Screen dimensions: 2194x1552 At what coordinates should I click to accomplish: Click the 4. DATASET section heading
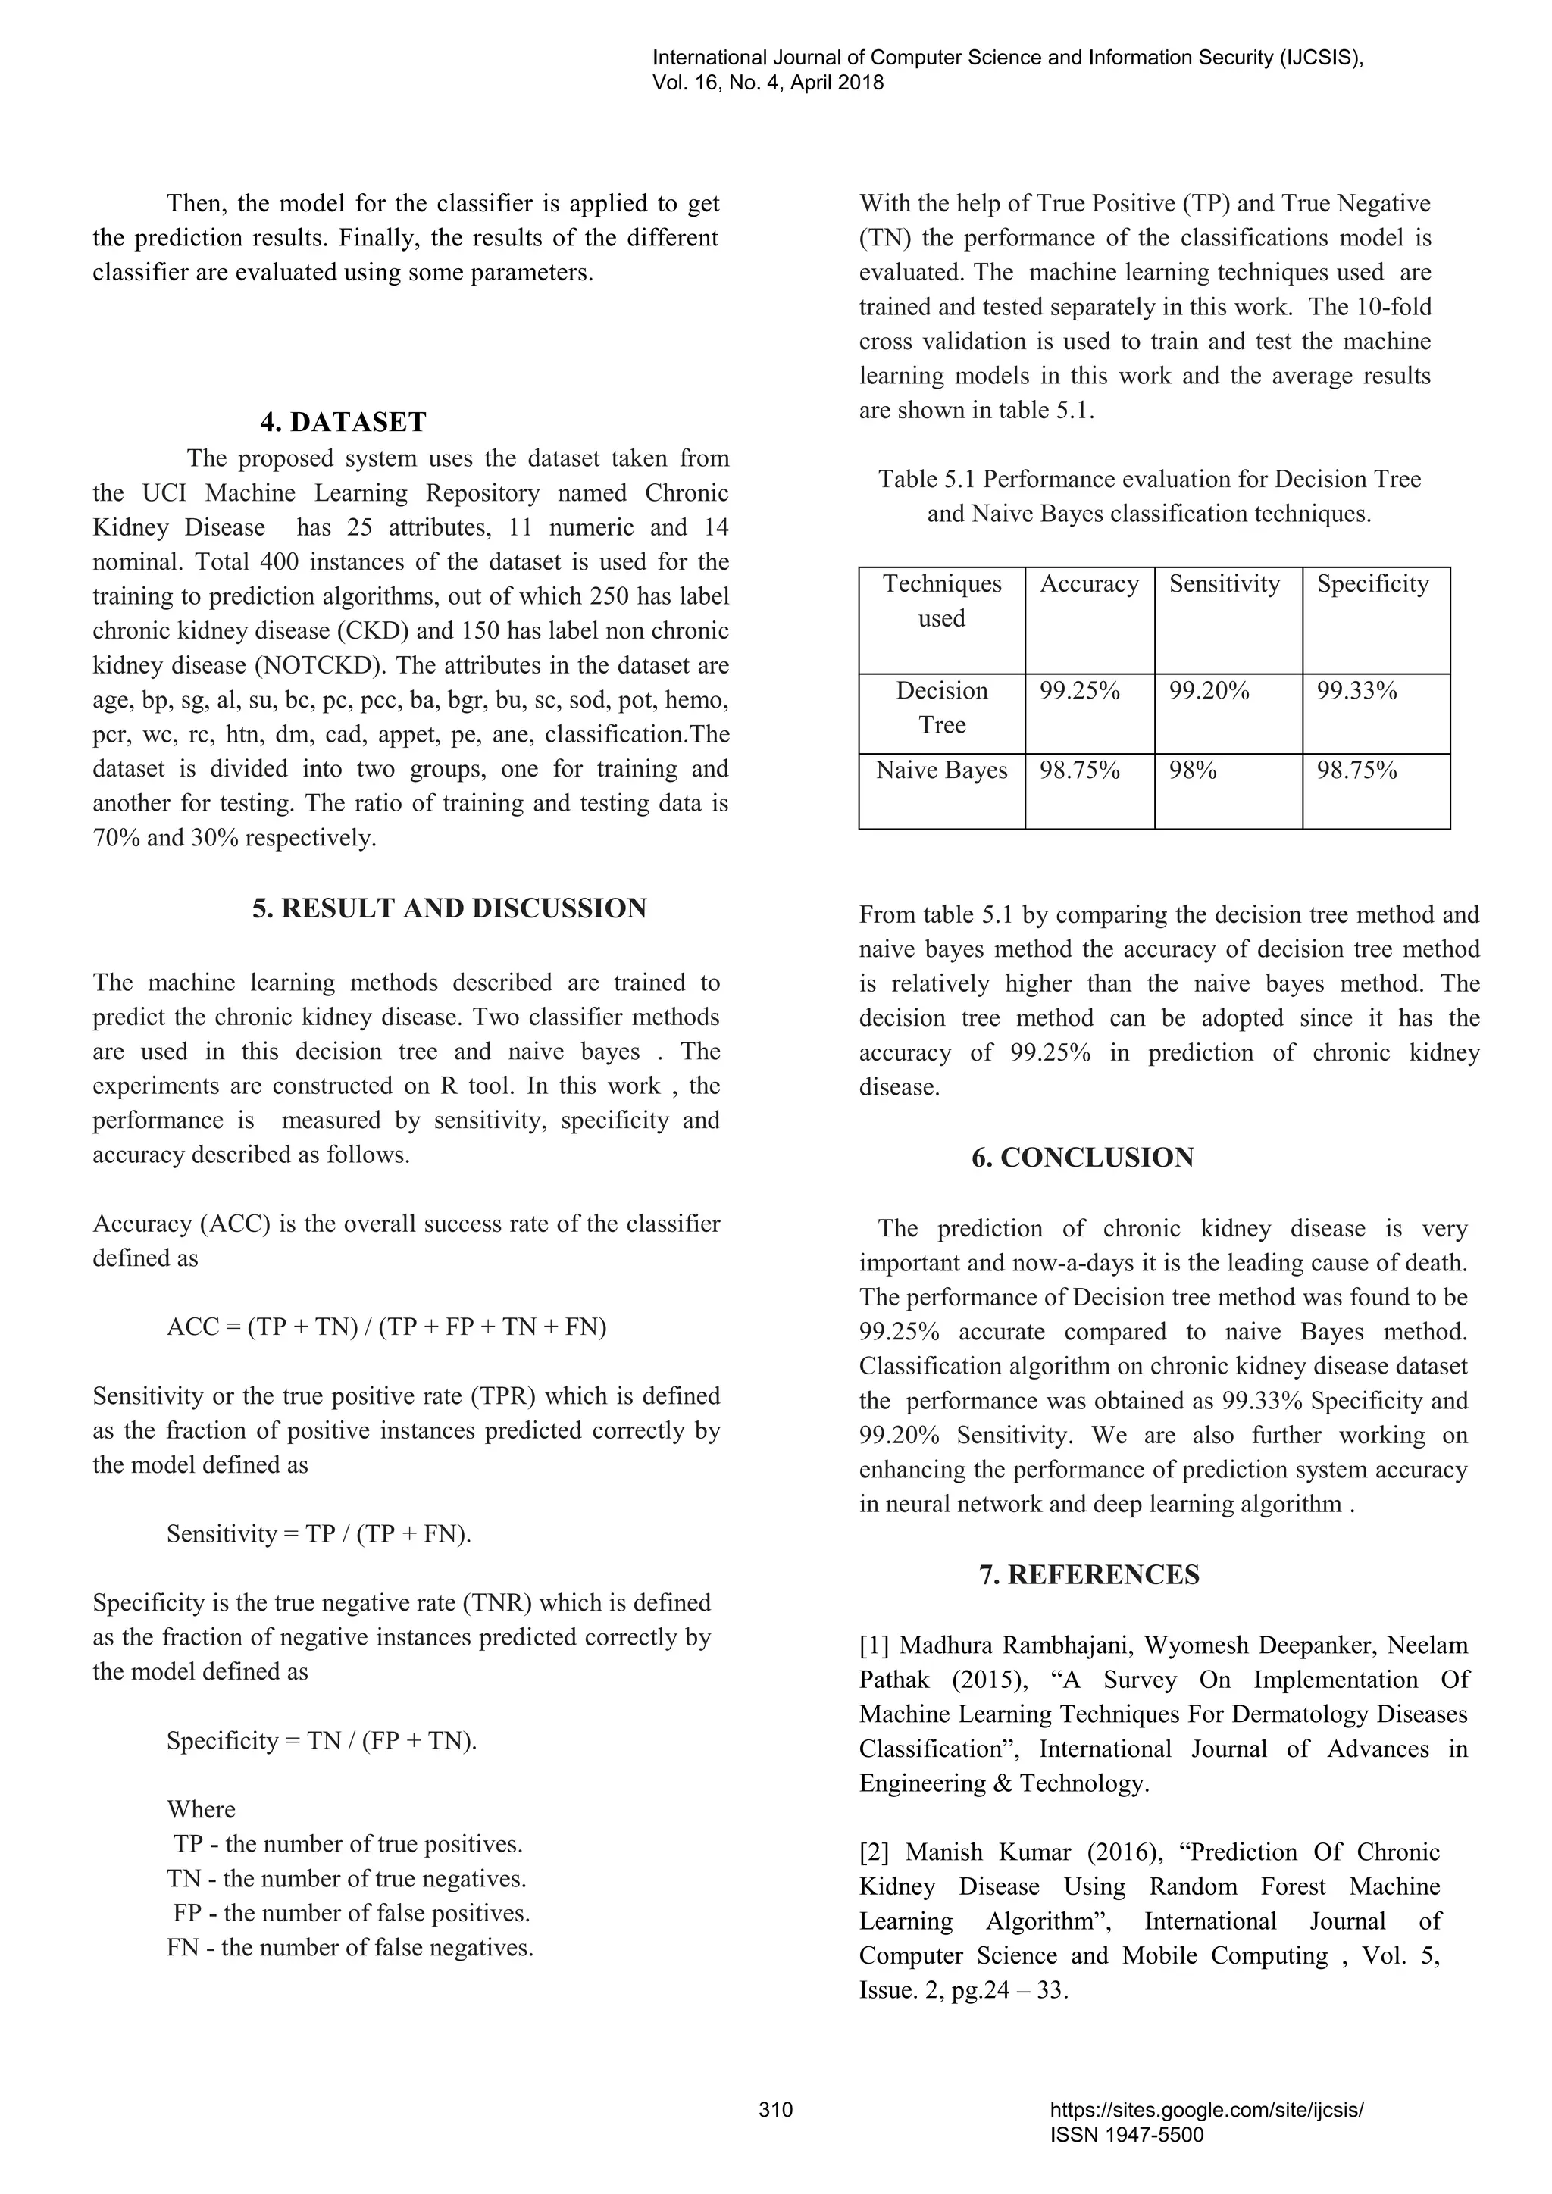[x=343, y=421]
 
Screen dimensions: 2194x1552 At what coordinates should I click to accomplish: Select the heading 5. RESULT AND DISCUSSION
[x=449, y=908]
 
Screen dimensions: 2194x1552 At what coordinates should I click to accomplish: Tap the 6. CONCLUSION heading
[x=1083, y=1157]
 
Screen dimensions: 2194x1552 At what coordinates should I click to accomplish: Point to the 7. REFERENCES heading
[x=1088, y=1575]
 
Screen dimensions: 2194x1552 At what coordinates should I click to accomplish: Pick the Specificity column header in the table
[x=1372, y=584]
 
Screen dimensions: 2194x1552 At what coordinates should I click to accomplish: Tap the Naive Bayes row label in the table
[x=941, y=770]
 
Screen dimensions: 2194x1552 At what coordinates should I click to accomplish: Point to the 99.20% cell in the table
[x=1208, y=691]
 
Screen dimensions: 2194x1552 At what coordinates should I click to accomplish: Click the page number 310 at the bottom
[x=775, y=2110]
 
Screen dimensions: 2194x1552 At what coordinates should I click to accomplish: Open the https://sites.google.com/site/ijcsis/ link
[x=1206, y=2110]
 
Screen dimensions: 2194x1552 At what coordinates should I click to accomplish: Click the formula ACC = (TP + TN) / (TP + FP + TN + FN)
[x=386, y=1327]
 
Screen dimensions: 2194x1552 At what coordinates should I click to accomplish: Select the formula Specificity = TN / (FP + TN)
[x=321, y=1740]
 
